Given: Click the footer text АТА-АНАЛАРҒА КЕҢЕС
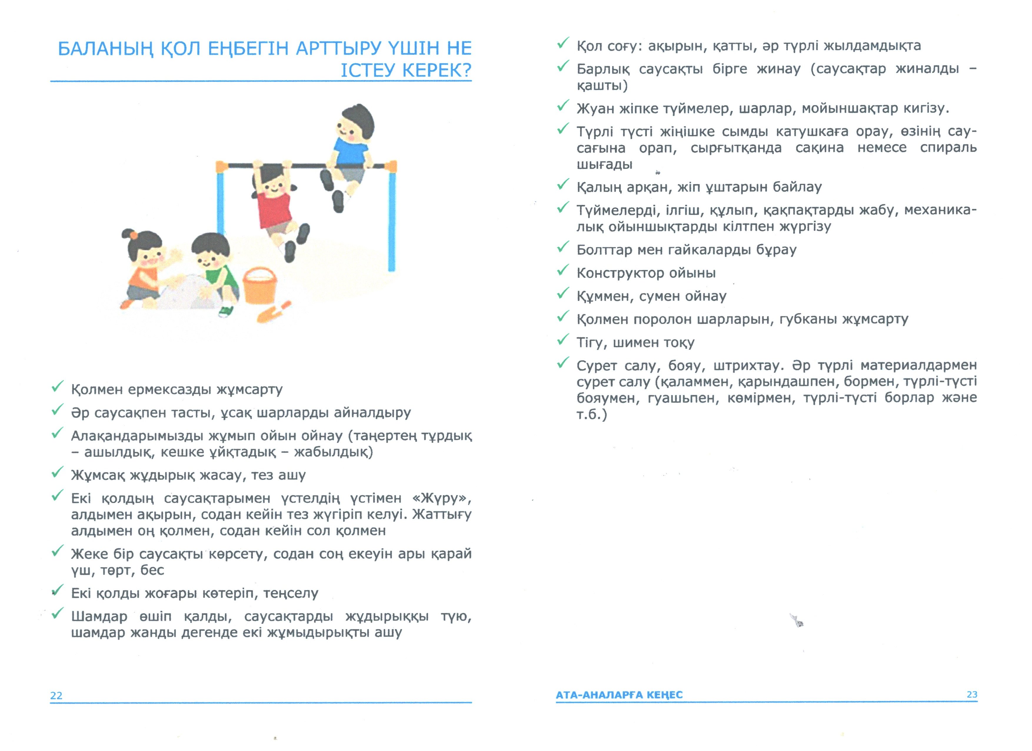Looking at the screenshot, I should (x=619, y=695).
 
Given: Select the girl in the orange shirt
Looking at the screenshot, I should (x=141, y=269).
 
